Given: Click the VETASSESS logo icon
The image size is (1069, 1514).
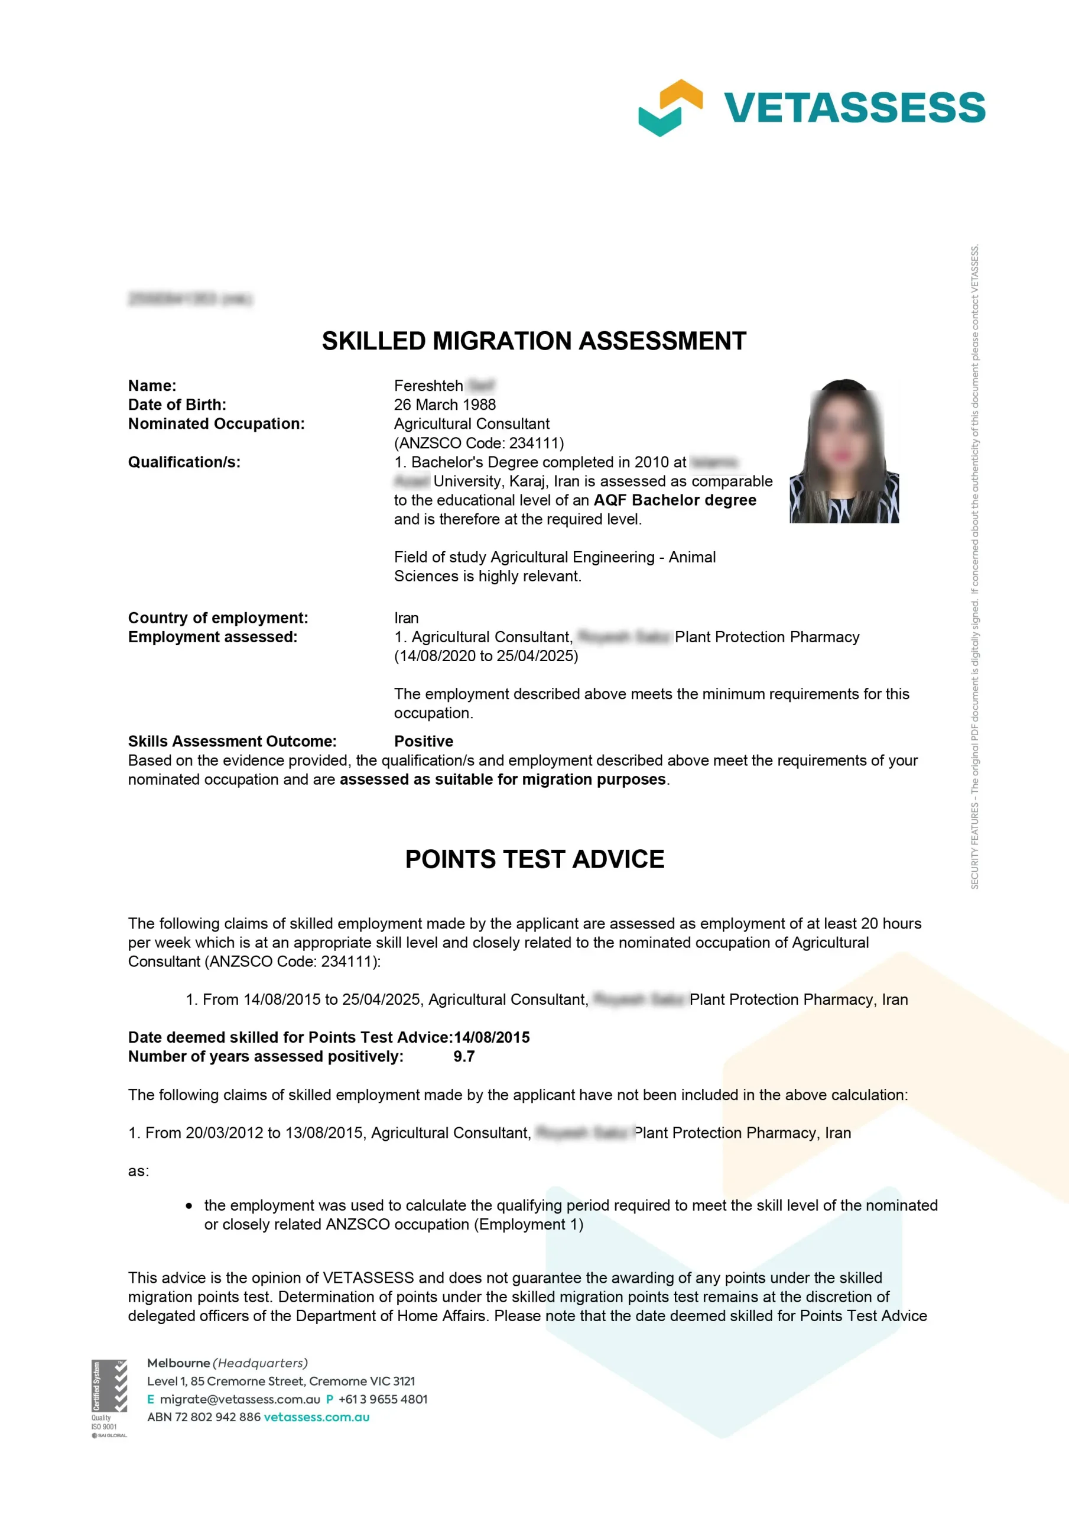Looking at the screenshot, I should (x=670, y=108).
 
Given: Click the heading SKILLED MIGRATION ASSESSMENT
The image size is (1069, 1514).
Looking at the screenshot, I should (x=534, y=341).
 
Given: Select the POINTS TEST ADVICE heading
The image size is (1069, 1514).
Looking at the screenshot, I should (x=534, y=859).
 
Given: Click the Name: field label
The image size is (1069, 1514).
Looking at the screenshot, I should (x=152, y=386).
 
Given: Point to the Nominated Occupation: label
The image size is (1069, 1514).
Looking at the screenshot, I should (x=216, y=423).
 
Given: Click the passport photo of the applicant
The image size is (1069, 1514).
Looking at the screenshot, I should (x=844, y=452).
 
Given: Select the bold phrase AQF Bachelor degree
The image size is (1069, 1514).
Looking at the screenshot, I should (x=675, y=500).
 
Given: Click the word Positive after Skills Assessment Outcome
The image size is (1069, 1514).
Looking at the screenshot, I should (x=424, y=741).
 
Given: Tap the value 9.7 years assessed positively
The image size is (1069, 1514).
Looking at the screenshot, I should (x=464, y=1056).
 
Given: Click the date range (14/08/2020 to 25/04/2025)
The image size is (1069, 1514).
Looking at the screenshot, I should (x=486, y=656).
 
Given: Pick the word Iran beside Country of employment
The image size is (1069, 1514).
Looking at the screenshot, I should (x=406, y=618).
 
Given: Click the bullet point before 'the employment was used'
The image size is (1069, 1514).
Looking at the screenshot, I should (x=189, y=1206).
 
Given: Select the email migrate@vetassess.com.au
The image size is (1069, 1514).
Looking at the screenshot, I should (x=240, y=1399).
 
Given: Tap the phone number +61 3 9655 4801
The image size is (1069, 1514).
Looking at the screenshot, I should (x=383, y=1399).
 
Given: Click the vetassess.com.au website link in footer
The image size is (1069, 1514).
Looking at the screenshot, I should (x=316, y=1417).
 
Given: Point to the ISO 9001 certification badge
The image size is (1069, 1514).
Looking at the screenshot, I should (x=109, y=1398).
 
